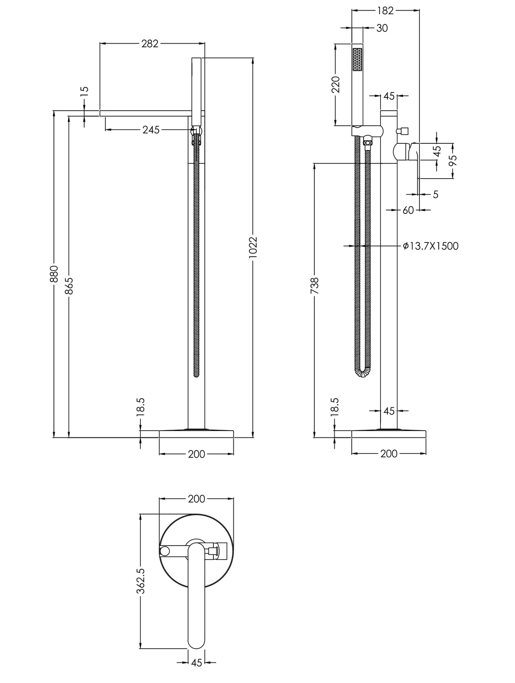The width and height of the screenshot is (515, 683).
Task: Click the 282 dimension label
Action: click(150, 43)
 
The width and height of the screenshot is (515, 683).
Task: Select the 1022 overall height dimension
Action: click(253, 246)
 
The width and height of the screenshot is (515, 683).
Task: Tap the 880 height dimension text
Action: click(54, 274)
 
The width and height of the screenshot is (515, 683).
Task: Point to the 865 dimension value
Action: click(69, 286)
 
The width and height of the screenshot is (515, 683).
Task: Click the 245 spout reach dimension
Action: click(151, 130)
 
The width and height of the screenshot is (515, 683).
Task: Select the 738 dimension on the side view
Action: click(314, 286)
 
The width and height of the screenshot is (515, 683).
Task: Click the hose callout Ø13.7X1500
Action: click(431, 246)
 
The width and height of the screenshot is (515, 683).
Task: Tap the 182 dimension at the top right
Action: click(385, 11)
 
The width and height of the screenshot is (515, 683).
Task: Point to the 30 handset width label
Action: click(382, 28)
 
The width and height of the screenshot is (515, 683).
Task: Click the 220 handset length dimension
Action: click(336, 84)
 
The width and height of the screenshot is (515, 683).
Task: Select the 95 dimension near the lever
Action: click(453, 160)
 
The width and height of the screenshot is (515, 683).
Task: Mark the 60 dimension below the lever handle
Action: click(408, 210)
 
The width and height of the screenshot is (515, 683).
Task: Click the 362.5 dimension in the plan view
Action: click(141, 581)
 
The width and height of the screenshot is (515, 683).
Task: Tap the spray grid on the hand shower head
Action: click(358, 59)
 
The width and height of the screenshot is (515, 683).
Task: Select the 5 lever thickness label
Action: click(436, 194)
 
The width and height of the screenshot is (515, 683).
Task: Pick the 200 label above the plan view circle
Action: click(196, 499)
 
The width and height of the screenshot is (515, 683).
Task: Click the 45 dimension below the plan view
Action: click(196, 675)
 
